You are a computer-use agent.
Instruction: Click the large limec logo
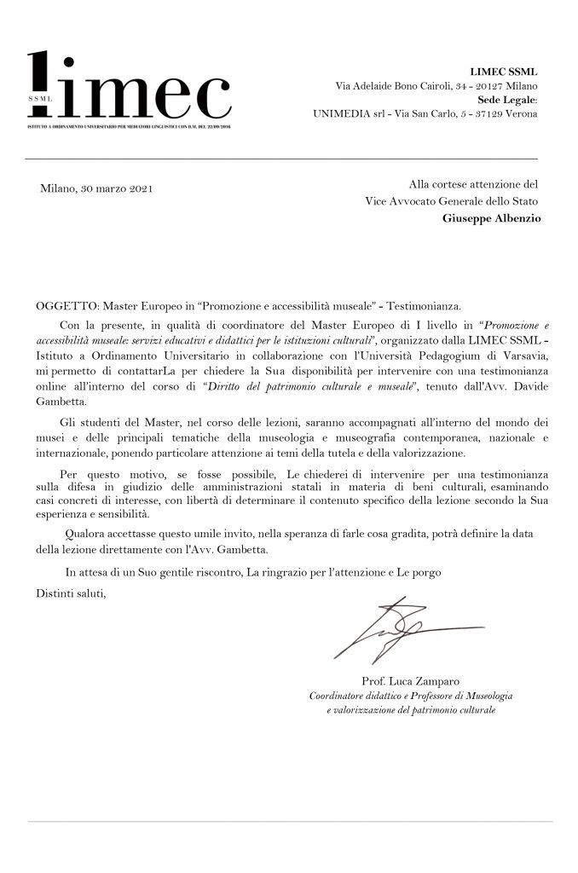128,91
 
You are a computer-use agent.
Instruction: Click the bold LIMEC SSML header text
504,71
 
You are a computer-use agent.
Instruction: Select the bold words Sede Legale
506,100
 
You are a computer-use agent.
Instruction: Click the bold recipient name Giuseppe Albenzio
490,218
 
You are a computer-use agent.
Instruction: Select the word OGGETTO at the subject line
65,305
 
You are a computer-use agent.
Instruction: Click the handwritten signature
401,629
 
